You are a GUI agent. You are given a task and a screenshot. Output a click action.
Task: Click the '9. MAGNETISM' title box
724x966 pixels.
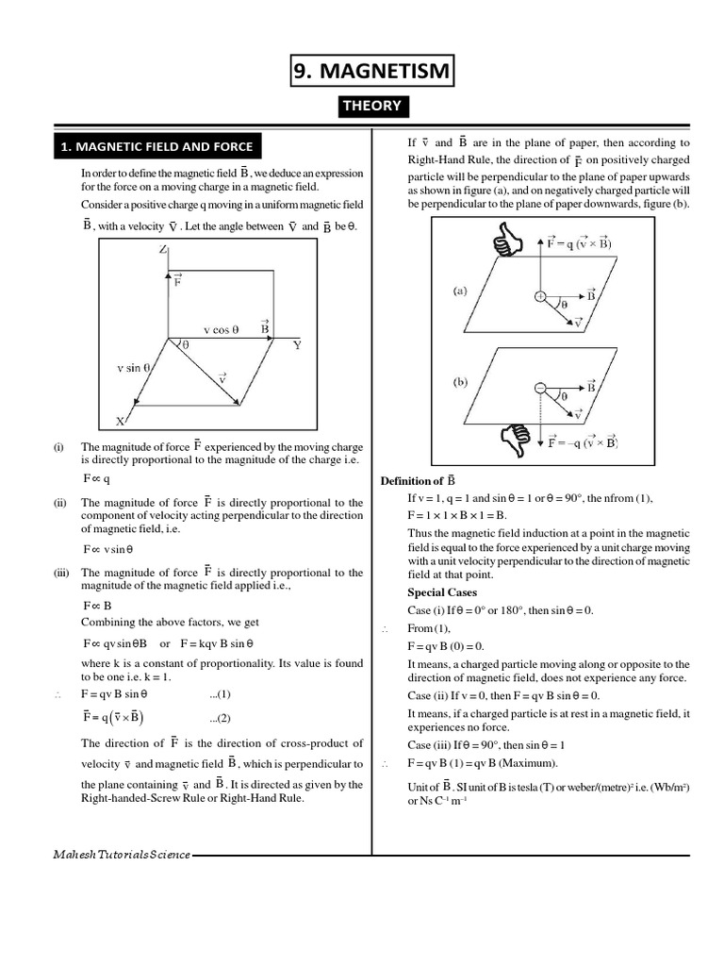(x=372, y=71)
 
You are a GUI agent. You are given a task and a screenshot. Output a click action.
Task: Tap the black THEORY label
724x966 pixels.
(x=372, y=106)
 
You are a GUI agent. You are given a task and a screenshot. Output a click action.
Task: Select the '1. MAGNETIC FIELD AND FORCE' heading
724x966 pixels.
(x=156, y=146)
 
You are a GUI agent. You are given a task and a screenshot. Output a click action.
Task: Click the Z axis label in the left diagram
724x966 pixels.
(x=163, y=250)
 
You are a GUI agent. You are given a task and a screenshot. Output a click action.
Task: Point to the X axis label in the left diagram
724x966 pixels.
(x=121, y=421)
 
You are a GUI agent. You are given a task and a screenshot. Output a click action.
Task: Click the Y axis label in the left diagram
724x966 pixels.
(x=297, y=345)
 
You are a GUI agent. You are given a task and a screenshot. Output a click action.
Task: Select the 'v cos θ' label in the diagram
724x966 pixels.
(x=222, y=330)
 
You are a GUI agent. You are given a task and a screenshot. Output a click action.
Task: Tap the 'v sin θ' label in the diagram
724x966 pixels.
(x=133, y=368)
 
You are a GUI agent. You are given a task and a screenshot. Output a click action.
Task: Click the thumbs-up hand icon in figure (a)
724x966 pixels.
(x=507, y=239)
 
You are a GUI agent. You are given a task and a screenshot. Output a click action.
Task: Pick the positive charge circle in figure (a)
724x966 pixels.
(x=540, y=296)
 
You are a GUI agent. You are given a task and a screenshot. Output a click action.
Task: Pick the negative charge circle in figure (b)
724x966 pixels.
(x=540, y=388)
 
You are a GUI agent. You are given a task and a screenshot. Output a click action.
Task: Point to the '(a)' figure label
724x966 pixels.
(x=460, y=291)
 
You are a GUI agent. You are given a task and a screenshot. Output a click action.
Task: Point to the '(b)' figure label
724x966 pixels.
(x=460, y=383)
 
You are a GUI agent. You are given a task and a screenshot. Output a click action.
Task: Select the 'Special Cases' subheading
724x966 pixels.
(x=441, y=592)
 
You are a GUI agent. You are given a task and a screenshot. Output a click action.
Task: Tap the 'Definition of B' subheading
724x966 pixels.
(x=418, y=480)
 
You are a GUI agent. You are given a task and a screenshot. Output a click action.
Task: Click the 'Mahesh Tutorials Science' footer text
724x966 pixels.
(x=122, y=855)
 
